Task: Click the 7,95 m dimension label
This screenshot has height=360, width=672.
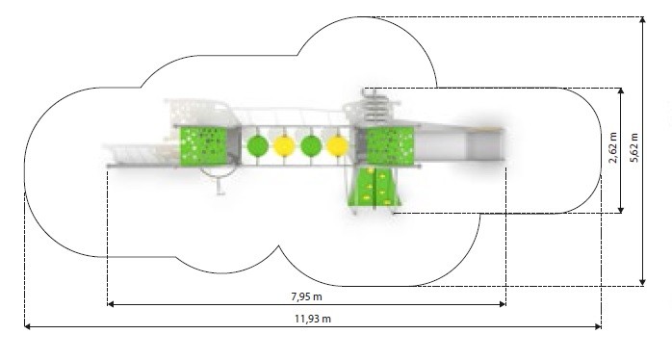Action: click(307, 296)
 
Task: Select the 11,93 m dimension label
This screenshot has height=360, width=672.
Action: click(313, 319)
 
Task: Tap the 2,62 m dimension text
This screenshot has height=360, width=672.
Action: click(613, 148)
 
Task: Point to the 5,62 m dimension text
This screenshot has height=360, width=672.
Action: click(634, 148)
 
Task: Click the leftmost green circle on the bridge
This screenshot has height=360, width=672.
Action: click(258, 146)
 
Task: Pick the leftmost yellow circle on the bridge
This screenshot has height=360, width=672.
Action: click(284, 146)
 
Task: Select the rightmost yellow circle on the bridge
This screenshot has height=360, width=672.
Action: click(337, 146)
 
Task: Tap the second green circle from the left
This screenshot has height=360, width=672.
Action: click(311, 146)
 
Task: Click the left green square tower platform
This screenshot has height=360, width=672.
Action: click(203, 145)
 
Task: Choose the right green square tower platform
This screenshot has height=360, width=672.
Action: click(390, 145)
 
